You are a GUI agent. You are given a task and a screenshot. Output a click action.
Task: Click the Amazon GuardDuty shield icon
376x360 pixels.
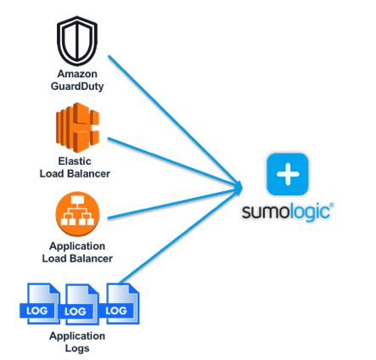click(77, 41)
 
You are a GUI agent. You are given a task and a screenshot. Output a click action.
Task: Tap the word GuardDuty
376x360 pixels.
click(77, 86)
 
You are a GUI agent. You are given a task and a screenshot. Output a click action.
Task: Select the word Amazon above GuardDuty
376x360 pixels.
click(77, 74)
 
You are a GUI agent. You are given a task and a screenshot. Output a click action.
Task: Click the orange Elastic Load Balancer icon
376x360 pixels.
click(77, 127)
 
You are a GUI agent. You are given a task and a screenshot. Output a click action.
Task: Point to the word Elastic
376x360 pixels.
click(75, 161)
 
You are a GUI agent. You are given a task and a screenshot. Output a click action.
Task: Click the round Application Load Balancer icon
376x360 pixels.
click(77, 214)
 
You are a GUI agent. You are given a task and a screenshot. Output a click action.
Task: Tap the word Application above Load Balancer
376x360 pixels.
click(77, 246)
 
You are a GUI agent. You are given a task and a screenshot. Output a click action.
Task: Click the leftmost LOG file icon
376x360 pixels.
click(40, 304)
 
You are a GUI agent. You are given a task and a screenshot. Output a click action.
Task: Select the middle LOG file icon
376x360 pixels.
click(79, 304)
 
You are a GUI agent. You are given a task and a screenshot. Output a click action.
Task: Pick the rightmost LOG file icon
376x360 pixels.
click(120, 304)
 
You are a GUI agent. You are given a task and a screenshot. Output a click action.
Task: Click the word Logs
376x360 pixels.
click(77, 348)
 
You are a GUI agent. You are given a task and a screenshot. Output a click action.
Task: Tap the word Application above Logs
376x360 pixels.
click(77, 336)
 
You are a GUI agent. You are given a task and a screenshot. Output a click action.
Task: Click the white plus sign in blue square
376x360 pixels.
click(288, 174)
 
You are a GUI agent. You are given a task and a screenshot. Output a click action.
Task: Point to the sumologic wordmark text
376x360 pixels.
click(286, 211)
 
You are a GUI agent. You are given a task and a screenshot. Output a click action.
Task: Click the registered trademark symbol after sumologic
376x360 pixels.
click(332, 205)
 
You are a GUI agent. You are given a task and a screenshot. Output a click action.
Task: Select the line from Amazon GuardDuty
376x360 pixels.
click(174, 120)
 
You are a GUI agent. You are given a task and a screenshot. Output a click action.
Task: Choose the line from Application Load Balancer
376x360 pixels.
click(173, 204)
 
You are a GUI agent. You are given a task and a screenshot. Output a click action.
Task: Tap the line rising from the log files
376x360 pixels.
click(179, 237)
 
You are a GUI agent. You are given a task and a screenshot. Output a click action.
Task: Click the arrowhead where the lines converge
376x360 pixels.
click(239, 187)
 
